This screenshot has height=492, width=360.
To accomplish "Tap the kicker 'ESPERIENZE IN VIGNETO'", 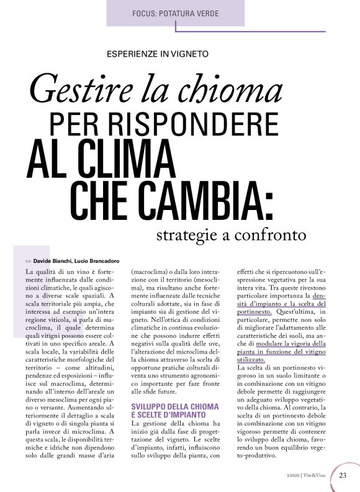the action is point(158,54).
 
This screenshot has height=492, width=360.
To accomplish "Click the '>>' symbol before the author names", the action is point(29,260).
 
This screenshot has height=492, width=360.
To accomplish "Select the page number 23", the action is point(343,476).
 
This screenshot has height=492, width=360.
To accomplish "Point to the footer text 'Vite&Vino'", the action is point(318,476).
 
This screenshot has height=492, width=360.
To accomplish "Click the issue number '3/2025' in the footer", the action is point(293,476).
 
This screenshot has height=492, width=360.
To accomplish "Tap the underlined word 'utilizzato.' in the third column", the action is point(251,359).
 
